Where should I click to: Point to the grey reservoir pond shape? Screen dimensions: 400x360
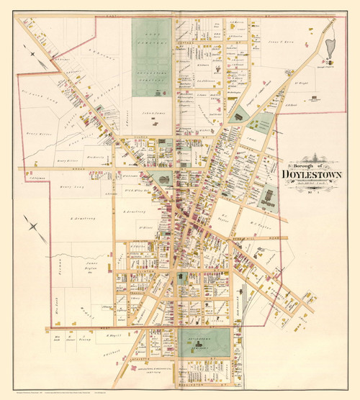[330, 51]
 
